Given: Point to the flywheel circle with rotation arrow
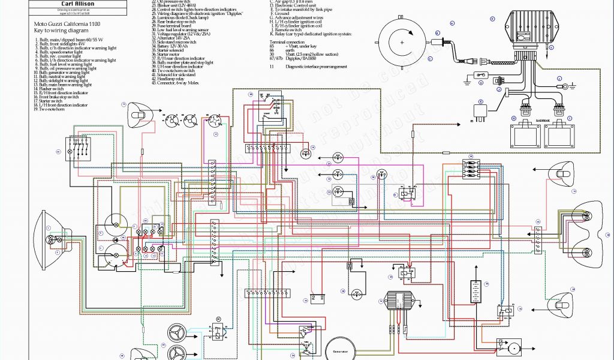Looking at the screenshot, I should tap(402, 43).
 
